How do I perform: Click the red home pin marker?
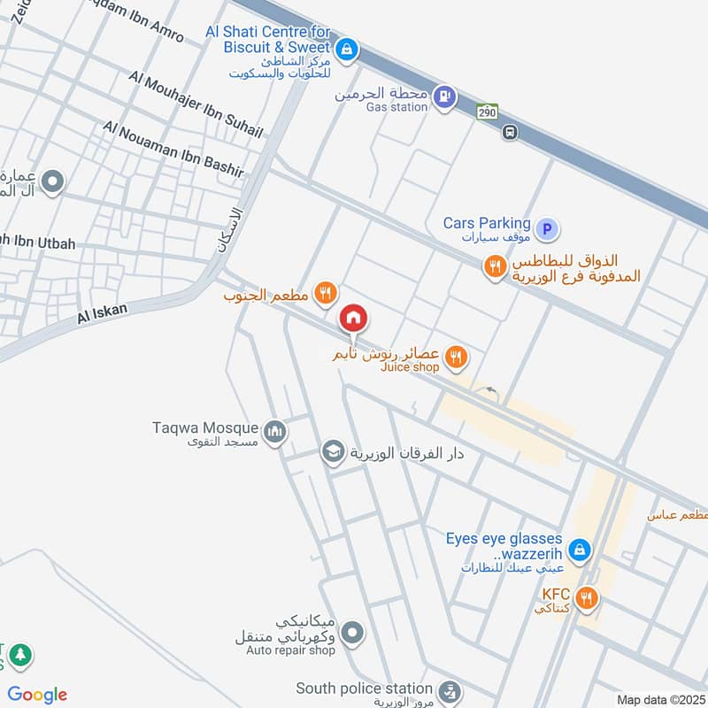pos(353,318)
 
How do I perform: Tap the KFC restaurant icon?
pos(586,599)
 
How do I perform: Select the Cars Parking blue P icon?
pos(548,230)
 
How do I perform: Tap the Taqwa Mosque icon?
pos(275,430)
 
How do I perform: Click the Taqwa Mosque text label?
pos(205,428)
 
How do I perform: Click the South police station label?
pos(364,689)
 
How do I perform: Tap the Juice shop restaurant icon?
pos(457,357)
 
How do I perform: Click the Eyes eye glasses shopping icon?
pos(579,550)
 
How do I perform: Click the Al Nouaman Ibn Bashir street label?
pos(173,148)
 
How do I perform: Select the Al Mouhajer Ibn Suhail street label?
pos(196,104)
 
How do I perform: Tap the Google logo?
pos(37,695)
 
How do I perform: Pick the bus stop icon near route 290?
pos(510,133)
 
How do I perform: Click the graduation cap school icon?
pos(333,452)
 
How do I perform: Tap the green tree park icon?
pos(19,656)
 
